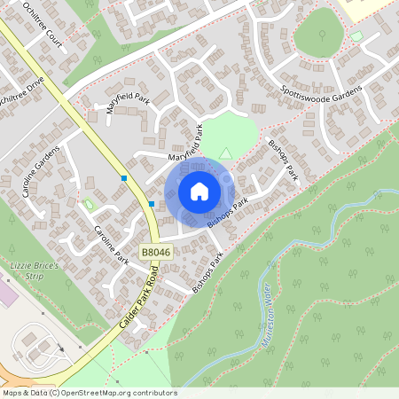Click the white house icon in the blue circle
[x=199, y=192]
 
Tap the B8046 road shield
[x=155, y=253]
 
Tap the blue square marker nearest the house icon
[x=153, y=205]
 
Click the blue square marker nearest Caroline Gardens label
[x=125, y=178]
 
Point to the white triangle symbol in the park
[x=225, y=152]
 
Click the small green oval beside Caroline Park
[x=89, y=206]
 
